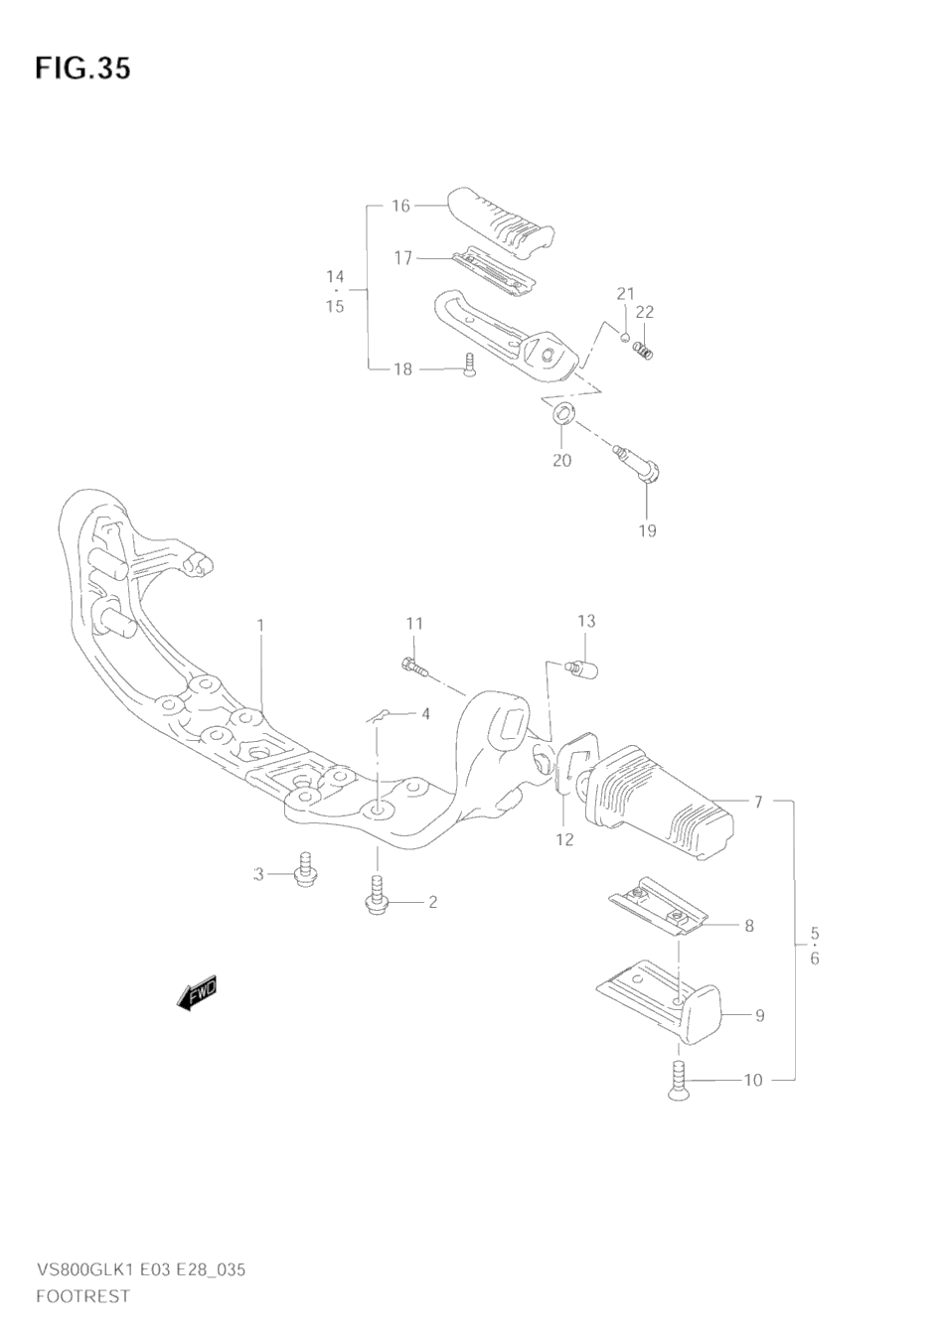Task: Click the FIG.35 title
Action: tap(82, 70)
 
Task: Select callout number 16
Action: tap(400, 206)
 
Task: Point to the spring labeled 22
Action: tap(643, 350)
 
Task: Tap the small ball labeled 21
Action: tap(623, 337)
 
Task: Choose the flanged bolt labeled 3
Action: tap(307, 871)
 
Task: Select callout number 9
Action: tap(760, 1015)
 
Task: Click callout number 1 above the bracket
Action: tap(260, 626)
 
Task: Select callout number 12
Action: tap(564, 839)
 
